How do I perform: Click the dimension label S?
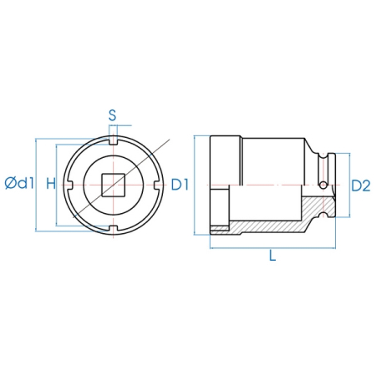click(112, 115)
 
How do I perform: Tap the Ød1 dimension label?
click(19, 183)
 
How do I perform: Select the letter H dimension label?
click(51, 184)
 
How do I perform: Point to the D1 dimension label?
click(180, 185)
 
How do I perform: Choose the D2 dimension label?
click(361, 185)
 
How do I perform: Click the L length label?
click(272, 256)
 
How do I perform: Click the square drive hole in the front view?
click(113, 185)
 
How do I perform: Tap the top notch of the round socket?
click(113, 140)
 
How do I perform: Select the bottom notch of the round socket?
click(113, 230)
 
